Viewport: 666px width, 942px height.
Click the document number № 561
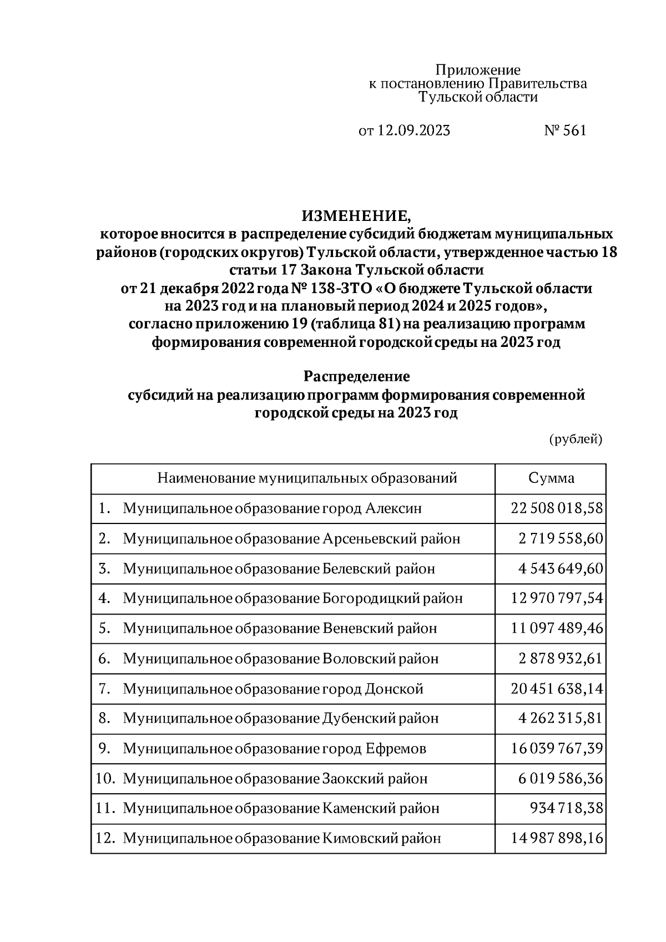pos(565,130)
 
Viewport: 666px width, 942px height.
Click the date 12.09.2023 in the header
pos(414,130)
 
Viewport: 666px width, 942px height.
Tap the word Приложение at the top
pos(477,70)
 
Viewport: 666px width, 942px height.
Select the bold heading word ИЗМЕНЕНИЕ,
pos(356,214)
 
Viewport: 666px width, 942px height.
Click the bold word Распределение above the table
pos(356,376)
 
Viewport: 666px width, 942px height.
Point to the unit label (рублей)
pos(576,439)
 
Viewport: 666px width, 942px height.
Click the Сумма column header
pos(551,478)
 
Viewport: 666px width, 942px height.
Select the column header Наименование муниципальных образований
pos(307,478)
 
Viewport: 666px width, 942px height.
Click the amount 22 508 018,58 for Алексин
pos(557,508)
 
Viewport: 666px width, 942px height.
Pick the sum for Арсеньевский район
pos(561,538)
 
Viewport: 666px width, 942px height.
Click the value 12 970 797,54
pos(557,598)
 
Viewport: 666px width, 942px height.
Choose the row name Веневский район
pos(280,628)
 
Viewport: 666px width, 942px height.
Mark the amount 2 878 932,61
pos(561,658)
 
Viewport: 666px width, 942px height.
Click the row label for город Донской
pos(273,689)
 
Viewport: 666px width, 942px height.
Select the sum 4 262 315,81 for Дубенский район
pos(561,718)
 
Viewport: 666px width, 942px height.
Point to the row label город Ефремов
pos(275,748)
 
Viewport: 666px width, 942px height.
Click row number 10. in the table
pos(105,778)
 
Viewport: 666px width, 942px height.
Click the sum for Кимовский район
pos(557,838)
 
